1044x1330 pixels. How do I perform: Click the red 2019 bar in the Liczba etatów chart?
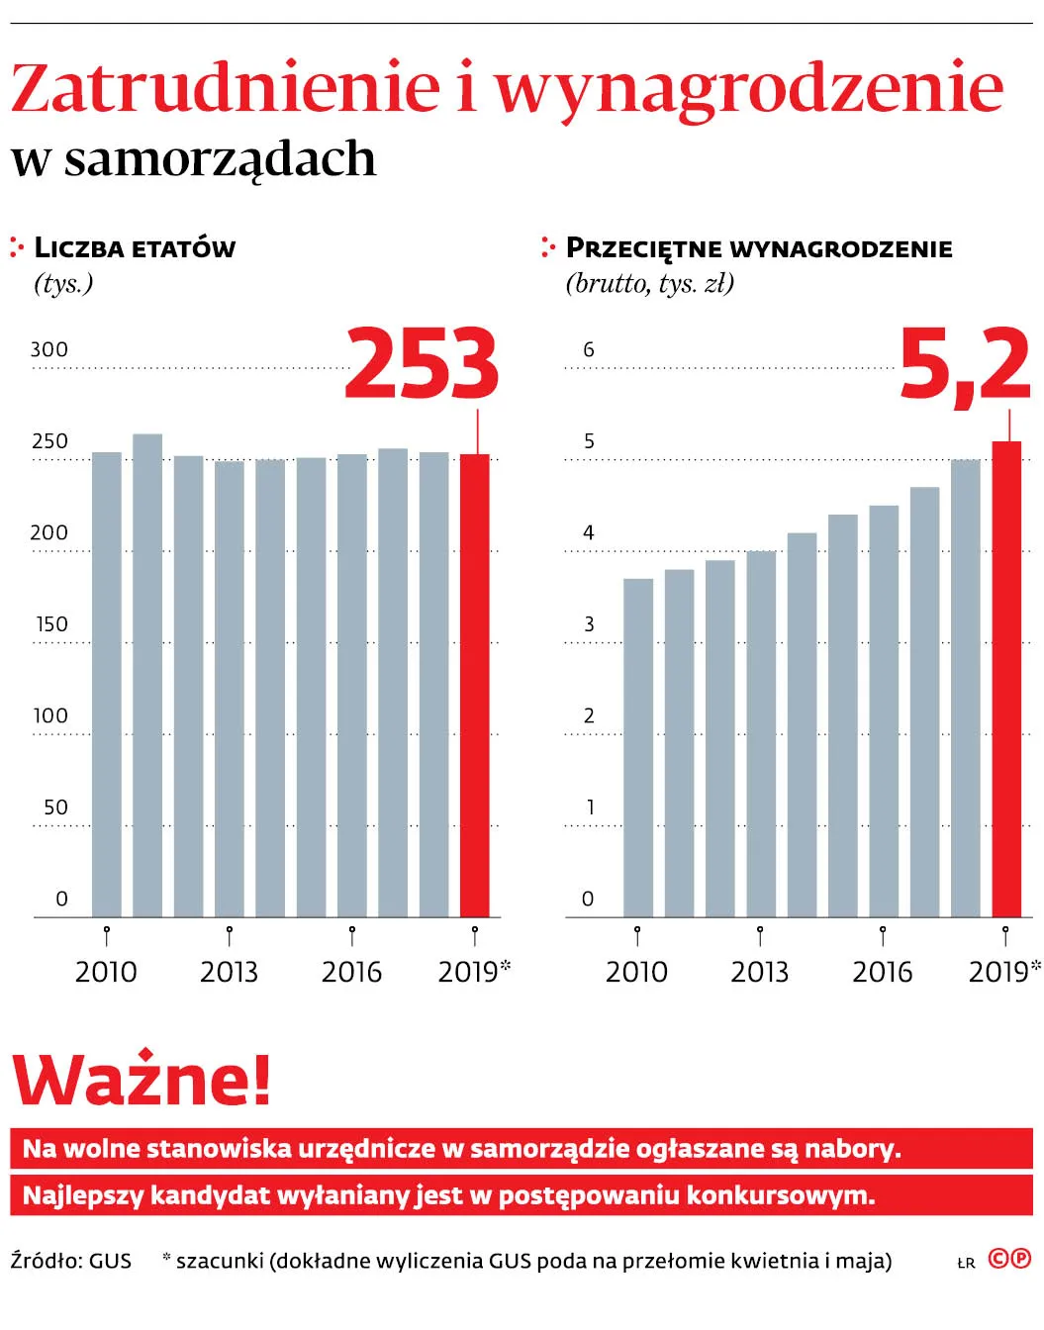(474, 685)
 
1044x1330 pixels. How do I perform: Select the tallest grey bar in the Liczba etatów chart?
(147, 675)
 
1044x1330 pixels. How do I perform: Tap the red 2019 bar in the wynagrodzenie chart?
(1006, 679)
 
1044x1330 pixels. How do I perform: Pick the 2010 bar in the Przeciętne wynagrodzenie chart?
(638, 747)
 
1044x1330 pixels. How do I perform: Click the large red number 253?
(422, 365)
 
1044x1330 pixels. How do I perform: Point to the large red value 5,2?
(965, 365)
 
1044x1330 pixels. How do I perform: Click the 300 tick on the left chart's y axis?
(49, 350)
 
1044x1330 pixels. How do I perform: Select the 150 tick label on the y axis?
(52, 624)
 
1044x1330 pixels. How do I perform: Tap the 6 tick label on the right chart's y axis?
(589, 350)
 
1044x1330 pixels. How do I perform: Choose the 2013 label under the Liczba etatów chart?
(229, 972)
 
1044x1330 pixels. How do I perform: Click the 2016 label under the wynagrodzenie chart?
(882, 972)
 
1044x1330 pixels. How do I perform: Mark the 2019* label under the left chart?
(474, 972)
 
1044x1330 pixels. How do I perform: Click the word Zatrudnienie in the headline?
(226, 89)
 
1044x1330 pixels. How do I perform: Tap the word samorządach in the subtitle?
(220, 159)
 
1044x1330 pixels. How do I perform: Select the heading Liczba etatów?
(135, 247)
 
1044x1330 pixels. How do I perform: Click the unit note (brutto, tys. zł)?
(650, 284)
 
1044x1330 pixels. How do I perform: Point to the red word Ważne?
(142, 1080)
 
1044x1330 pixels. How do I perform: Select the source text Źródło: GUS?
(71, 1261)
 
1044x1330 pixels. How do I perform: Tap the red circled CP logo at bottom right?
(1009, 1259)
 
